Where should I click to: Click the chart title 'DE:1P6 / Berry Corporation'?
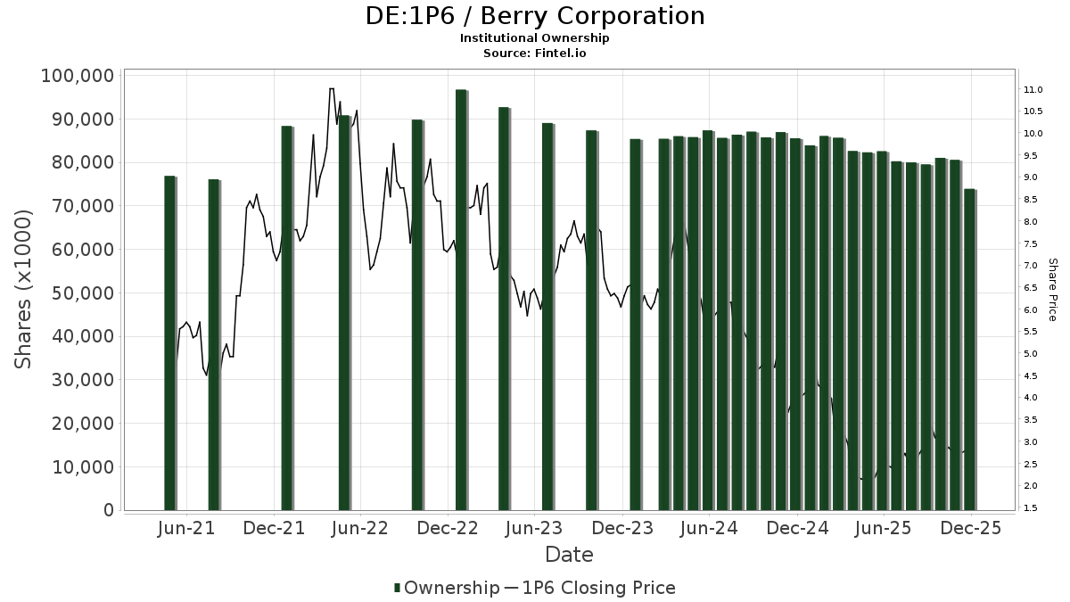click(x=535, y=16)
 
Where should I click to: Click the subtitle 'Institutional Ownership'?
click(x=535, y=38)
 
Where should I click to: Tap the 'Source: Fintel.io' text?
click(x=535, y=53)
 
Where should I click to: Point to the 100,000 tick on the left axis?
click(x=78, y=76)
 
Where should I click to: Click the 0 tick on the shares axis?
click(x=109, y=511)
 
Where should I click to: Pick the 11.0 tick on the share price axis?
click(x=1034, y=90)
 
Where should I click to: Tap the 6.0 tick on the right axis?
click(x=1032, y=309)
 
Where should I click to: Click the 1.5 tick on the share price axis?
click(x=1032, y=508)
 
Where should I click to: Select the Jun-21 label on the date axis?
click(x=186, y=528)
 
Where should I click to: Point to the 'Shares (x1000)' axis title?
click(x=24, y=289)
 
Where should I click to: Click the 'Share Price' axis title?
click(x=1052, y=290)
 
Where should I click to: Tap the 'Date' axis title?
click(x=569, y=555)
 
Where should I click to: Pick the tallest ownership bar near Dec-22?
click(x=461, y=300)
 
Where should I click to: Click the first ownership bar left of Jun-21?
click(x=169, y=343)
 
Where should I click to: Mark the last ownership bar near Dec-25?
click(x=969, y=350)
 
